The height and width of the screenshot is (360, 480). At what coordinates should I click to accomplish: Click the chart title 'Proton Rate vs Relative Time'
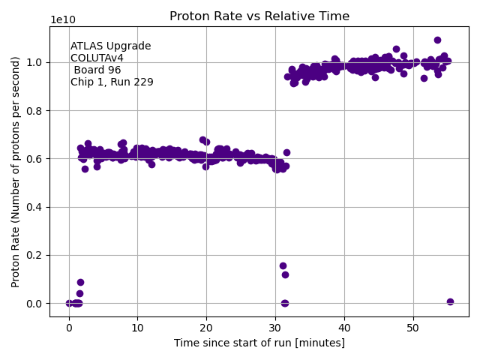[x=259, y=16]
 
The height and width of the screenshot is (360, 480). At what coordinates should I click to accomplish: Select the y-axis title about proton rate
[x=16, y=172]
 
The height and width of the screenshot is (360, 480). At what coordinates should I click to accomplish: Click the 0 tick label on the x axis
[x=69, y=328]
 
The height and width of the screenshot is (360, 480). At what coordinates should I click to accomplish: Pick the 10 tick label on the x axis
[x=137, y=328]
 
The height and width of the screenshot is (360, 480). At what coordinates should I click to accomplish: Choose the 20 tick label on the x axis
[x=206, y=328]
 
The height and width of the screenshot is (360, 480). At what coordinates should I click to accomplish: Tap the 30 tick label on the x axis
[x=275, y=328]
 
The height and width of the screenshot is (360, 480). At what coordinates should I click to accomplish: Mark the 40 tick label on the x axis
[x=344, y=328]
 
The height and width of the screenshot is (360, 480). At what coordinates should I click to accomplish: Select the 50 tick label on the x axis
[x=413, y=328]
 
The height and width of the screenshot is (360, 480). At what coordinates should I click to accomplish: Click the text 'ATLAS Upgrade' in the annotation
[x=111, y=46]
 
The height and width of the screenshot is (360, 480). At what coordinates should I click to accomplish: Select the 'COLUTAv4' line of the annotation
[x=97, y=58]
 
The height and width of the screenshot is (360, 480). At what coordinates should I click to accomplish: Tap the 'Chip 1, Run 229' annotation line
[x=112, y=82]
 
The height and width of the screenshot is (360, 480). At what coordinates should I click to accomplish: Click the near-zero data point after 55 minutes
[x=450, y=301]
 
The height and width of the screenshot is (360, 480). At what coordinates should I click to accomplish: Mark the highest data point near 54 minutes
[x=437, y=40]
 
